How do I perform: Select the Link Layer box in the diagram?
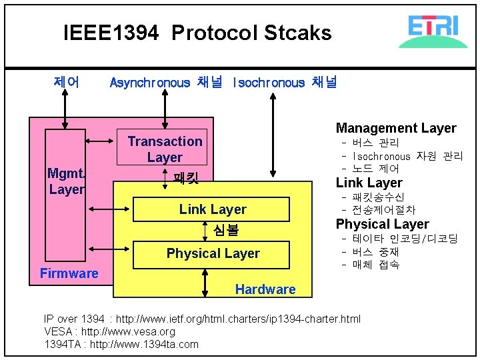tap(213, 209)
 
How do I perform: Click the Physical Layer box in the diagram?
tap(213, 253)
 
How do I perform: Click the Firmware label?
tap(69, 273)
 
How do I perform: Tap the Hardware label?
tap(265, 289)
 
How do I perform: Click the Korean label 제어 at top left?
tap(66, 83)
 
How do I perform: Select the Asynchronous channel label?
tap(165, 83)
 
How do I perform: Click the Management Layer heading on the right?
tap(396, 128)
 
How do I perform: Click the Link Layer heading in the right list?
tap(369, 183)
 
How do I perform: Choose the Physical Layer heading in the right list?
tap(382, 224)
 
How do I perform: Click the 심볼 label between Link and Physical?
tap(225, 231)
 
